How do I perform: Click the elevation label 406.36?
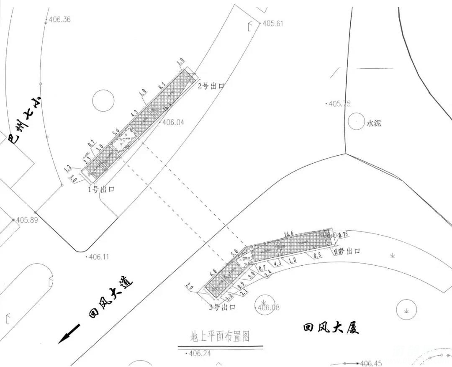[60, 19]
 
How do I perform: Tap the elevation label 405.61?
[273, 23]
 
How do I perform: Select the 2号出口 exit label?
[211, 86]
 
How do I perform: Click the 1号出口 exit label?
[101, 189]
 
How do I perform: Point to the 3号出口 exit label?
[222, 307]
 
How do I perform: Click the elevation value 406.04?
[173, 123]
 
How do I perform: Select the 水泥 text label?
[374, 123]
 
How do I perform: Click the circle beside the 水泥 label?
[355, 121]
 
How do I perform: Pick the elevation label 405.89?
[27, 220]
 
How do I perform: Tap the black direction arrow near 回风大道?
[69, 334]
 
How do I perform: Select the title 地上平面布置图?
[220, 336]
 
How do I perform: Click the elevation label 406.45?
[371, 364]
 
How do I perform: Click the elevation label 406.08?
[268, 308]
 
